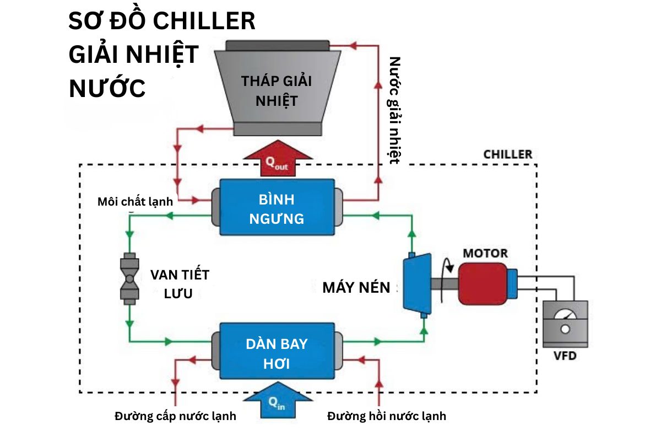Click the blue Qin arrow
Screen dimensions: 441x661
(x=277, y=401)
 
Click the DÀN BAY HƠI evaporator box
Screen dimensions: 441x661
(x=277, y=353)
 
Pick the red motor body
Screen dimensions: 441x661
(x=483, y=282)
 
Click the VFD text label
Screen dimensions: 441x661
(x=565, y=356)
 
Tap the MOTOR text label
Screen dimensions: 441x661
(x=485, y=254)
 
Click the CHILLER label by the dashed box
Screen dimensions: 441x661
(x=507, y=154)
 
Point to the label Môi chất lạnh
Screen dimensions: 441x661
(x=135, y=202)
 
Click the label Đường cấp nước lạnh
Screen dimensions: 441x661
(x=175, y=416)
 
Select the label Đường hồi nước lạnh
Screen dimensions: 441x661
(x=387, y=416)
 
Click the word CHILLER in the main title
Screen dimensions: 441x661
(x=204, y=22)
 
